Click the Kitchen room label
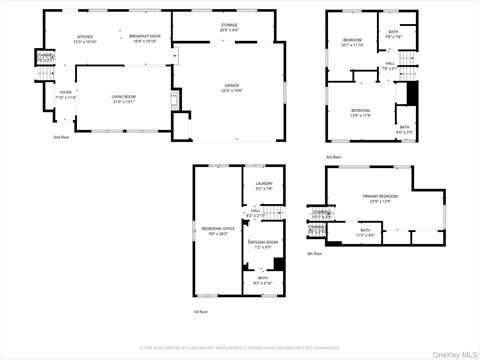pos(85,39)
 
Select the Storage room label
pos(230,26)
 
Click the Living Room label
pos(124,98)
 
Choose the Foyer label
pos(52,96)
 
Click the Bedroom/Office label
pos(218,231)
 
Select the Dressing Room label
pos(265,244)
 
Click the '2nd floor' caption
pos(62,137)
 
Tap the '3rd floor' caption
pos(332,157)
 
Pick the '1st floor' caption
pos(202,311)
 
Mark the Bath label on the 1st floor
pos(262,281)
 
